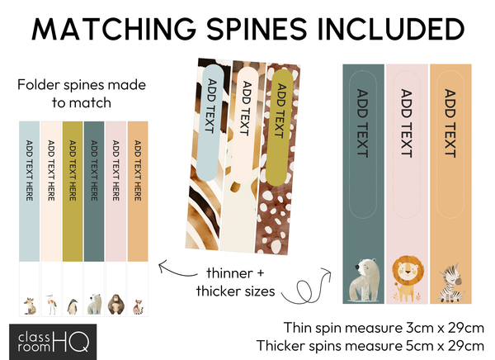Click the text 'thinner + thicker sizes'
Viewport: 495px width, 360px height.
pyautogui.click(x=237, y=282)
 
